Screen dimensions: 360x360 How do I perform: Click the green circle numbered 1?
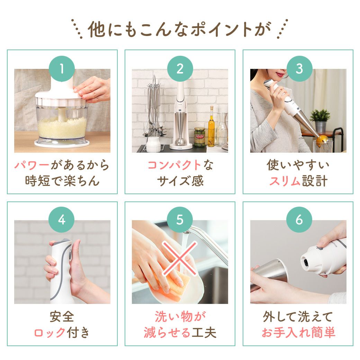[x=62, y=69]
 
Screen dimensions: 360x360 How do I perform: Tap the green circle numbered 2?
[x=180, y=69]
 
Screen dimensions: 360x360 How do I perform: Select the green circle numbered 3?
[x=299, y=69]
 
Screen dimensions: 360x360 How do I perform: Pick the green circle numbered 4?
[x=62, y=220]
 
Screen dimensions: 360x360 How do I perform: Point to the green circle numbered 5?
[x=180, y=220]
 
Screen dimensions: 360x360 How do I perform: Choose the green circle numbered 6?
[x=299, y=220]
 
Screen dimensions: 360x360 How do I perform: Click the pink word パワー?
[x=32, y=165]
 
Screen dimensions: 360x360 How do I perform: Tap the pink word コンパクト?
[x=174, y=165]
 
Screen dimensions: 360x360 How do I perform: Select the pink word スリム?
[x=285, y=181]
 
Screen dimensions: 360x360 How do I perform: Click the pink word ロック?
[x=50, y=332]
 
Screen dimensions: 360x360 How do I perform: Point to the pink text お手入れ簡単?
[x=298, y=332]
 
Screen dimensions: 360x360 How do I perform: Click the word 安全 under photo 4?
[x=62, y=317]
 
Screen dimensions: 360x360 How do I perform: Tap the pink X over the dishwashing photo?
[x=180, y=258]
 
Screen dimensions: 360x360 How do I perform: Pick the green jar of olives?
[x=199, y=137]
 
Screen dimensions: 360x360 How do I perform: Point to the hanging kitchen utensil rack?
[x=154, y=110]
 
